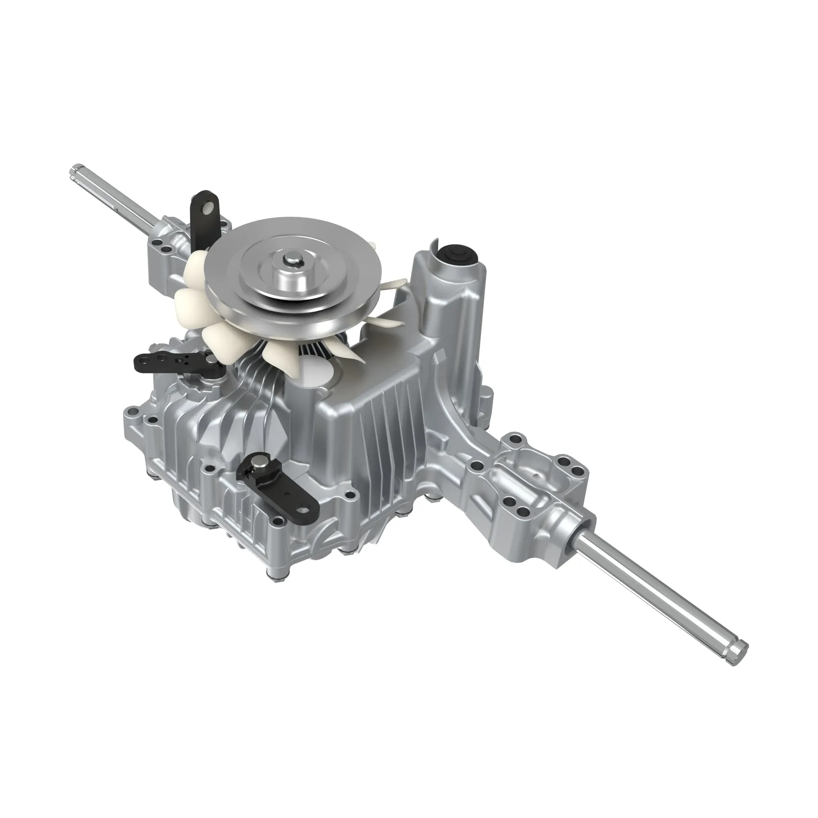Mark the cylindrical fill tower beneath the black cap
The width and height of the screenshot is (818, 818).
pos(449,297)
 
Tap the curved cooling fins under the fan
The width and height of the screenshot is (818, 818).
pos(254,381)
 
